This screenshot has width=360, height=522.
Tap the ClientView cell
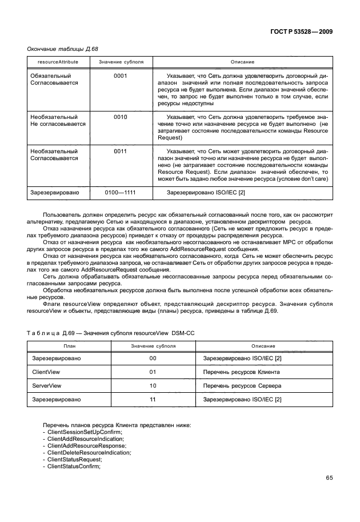(46, 372)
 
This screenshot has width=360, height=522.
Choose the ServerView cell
(47, 386)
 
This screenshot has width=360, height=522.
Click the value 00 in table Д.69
(153, 358)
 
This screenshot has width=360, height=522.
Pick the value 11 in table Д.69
(153, 400)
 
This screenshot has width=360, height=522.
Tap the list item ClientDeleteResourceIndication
(89, 452)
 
